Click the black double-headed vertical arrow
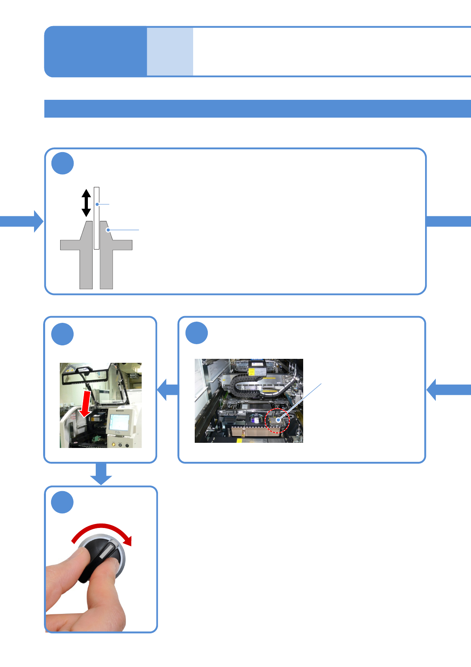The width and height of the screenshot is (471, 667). click(86, 203)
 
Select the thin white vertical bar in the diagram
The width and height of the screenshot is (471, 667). click(97, 218)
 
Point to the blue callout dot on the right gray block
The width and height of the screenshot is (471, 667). click(108, 230)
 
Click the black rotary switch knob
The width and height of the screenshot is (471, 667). click(99, 558)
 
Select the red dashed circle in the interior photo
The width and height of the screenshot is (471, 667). click(277, 421)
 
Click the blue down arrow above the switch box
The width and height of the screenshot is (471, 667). click(101, 474)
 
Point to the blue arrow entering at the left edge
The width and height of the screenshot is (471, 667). click(22, 221)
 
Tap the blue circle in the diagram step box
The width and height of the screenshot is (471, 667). click(63, 163)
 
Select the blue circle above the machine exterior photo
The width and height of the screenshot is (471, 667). click(63, 334)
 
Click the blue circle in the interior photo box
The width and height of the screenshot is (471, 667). click(197, 333)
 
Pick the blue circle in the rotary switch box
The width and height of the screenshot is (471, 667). click(63, 502)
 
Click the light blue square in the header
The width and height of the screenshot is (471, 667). click(170, 51)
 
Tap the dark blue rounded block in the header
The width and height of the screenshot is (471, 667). click(95, 51)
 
